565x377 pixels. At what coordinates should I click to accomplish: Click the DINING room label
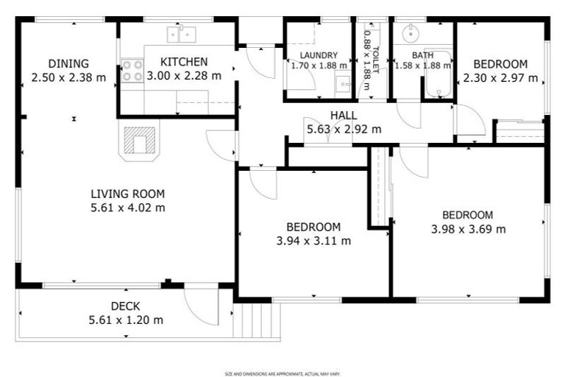click(x=68, y=63)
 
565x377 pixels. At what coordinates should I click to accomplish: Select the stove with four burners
click(x=132, y=71)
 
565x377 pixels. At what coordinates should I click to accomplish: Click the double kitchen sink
click(x=180, y=33)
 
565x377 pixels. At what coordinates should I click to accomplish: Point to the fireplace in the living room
click(x=138, y=140)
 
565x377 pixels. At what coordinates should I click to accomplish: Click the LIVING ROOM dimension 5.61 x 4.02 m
click(x=127, y=208)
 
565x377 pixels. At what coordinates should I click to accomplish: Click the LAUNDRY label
click(x=319, y=55)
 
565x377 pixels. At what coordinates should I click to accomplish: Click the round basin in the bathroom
click(x=410, y=32)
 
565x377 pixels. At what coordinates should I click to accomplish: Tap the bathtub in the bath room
click(x=438, y=74)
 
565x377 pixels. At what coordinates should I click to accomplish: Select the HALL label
click(x=343, y=116)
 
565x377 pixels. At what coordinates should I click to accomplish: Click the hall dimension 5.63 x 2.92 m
click(x=344, y=129)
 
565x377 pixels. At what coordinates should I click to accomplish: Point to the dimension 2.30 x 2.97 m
click(x=500, y=77)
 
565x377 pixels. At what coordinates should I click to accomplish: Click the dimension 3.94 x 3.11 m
click(x=313, y=240)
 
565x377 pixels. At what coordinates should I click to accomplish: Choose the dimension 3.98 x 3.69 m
click(x=468, y=228)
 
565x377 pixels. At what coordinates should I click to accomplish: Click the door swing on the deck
click(x=200, y=303)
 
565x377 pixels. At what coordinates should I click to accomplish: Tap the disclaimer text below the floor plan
click(x=282, y=373)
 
